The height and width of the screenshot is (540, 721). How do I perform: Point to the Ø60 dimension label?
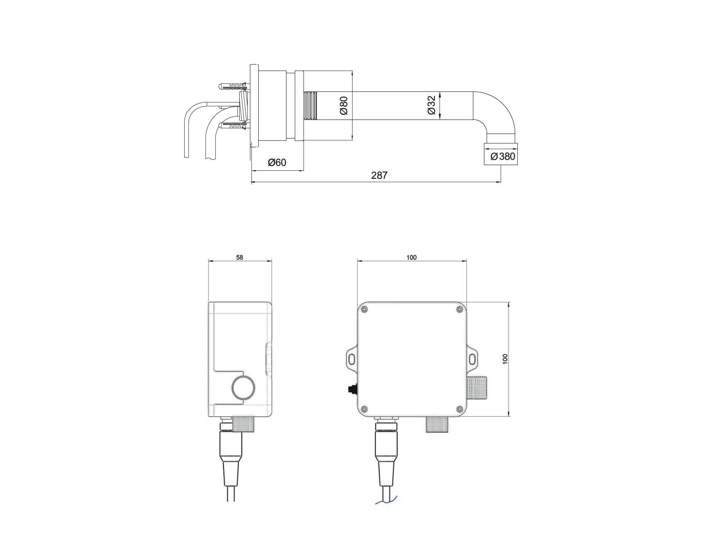277,162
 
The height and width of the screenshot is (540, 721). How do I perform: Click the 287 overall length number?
379,175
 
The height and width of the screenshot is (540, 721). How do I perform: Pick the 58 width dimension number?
239,257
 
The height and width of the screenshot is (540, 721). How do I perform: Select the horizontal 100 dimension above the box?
411,257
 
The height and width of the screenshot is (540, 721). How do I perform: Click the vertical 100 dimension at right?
505,359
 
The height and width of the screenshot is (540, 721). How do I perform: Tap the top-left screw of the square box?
365,310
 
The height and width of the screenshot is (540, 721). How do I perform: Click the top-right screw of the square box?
459,310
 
